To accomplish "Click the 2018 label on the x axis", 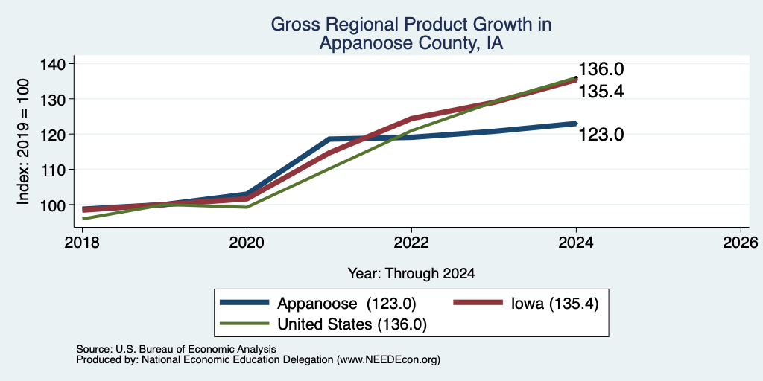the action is [x=82, y=243].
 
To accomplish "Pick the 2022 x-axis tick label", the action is [x=411, y=243].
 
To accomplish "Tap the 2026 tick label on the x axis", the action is [x=741, y=243].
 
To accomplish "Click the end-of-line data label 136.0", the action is [x=601, y=69].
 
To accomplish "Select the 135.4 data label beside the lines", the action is [x=601, y=92].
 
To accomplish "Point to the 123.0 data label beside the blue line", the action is [x=601, y=134].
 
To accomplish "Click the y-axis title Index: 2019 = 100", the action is [x=23, y=141].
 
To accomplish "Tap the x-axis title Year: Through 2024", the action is [x=411, y=274].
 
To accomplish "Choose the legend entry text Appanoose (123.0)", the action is [x=347, y=304].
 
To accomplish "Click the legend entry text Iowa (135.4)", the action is [x=554, y=304].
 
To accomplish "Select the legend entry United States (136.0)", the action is [x=352, y=324].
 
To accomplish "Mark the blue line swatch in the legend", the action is [x=244, y=303].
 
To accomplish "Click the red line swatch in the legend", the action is [x=478, y=303].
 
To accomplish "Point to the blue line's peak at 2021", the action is [x=329, y=139].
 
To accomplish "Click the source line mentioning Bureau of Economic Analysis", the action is [x=176, y=349].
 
